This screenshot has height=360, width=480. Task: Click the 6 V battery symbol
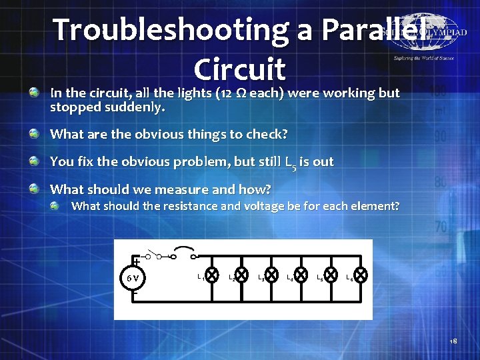134,278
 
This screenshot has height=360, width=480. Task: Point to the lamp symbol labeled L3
272,274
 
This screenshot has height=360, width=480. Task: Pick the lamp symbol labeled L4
301,274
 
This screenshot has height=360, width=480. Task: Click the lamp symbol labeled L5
331,274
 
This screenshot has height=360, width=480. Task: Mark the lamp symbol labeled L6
360,274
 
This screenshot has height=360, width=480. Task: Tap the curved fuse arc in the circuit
182,253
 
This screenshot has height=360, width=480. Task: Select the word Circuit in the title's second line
239,68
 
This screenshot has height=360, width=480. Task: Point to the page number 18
453,341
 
